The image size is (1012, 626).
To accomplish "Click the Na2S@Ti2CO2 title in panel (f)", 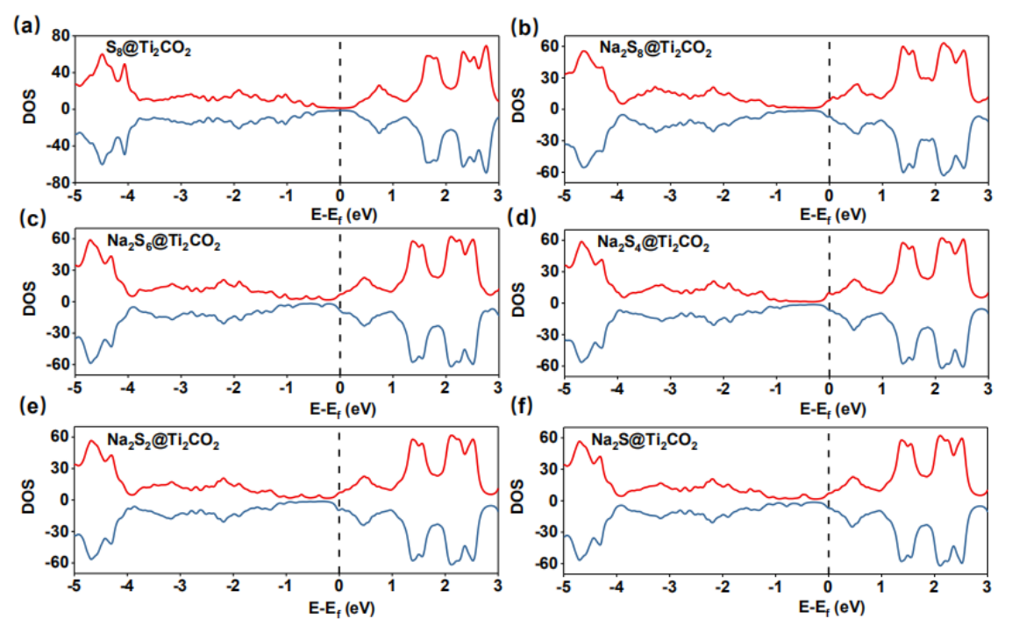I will click(645, 440).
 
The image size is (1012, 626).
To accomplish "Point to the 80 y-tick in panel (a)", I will click(59, 36).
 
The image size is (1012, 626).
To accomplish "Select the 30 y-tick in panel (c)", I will click(59, 270).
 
